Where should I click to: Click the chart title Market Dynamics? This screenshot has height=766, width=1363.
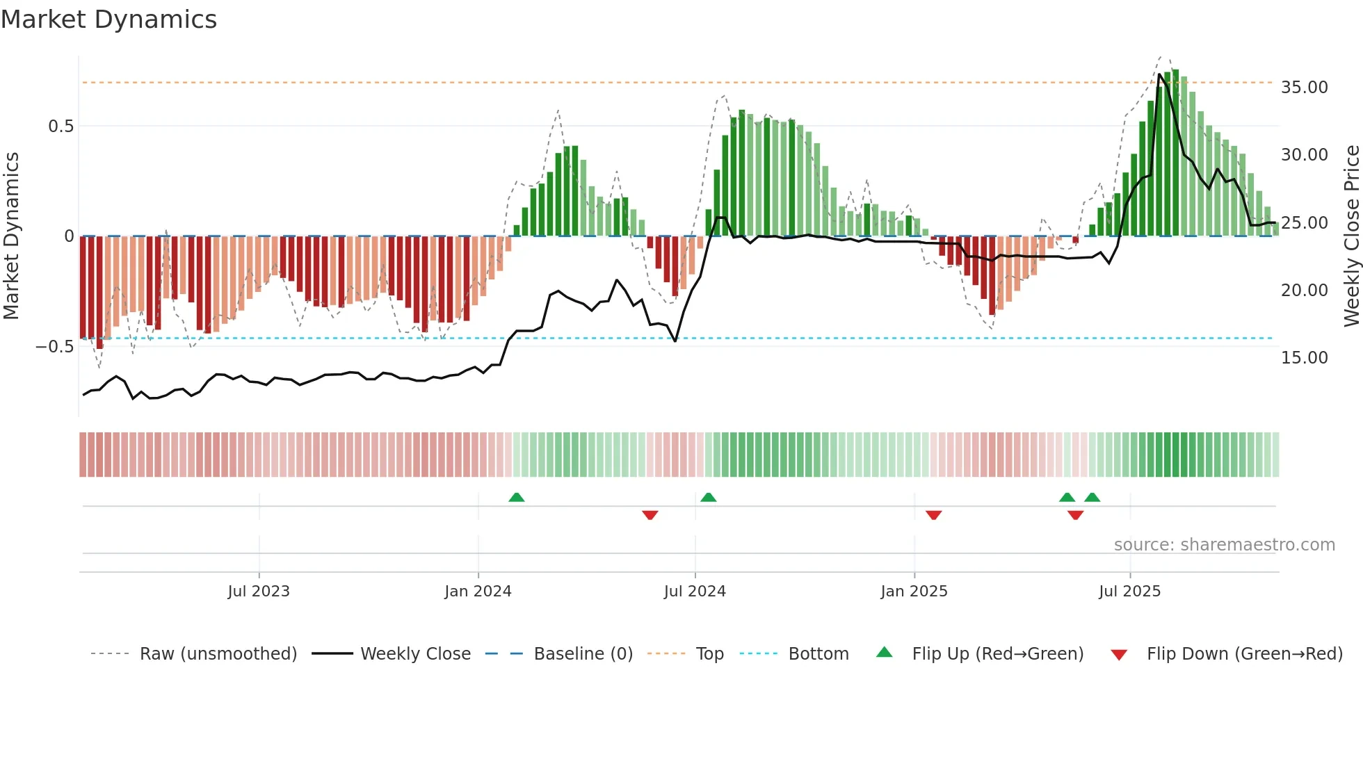pos(109,19)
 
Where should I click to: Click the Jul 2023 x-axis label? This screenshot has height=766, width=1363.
pos(259,592)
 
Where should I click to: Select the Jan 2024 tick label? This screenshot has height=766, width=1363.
pos(478,592)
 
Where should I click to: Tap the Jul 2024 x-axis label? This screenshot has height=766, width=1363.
pos(695,592)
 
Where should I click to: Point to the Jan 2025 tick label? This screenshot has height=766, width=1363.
pos(914,592)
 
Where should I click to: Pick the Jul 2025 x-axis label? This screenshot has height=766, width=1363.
pos(1130,592)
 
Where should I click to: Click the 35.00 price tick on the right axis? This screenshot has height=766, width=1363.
pos(1304,88)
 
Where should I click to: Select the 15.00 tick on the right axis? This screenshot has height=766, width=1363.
pos(1304,358)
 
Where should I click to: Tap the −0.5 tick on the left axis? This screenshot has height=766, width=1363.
pos(55,347)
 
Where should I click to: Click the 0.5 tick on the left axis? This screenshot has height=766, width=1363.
pos(61,127)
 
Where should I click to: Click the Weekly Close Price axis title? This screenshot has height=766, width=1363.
pos(1351,236)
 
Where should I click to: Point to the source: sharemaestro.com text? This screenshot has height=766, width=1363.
pos(1224,545)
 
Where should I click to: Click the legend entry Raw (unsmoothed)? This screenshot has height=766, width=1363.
pos(218,654)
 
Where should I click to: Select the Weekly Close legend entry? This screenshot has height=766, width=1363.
pos(415,654)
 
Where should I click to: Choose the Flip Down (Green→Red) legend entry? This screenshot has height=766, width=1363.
pos(1244,654)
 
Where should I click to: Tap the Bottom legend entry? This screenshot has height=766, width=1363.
pos(818,654)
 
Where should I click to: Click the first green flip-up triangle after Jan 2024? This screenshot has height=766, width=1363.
pos(516,498)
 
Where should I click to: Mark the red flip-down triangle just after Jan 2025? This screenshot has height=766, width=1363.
pos(933,515)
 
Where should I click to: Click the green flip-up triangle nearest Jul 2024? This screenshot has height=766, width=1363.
pos(708,498)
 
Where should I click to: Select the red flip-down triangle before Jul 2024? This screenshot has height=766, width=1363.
pos(650,515)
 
